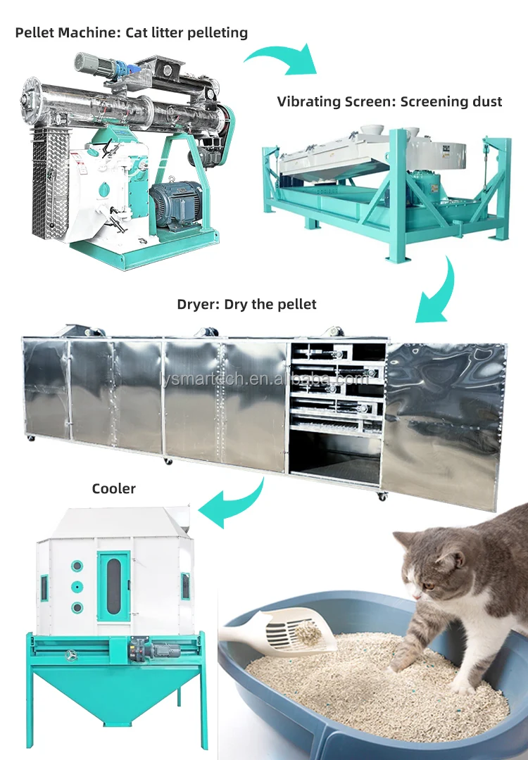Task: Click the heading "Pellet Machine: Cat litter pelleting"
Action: click(132, 32)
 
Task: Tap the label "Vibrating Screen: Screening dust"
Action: click(389, 101)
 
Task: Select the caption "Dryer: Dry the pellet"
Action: click(246, 304)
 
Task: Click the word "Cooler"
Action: click(113, 488)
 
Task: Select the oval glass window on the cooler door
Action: click(113, 583)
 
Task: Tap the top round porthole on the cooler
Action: click(77, 566)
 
